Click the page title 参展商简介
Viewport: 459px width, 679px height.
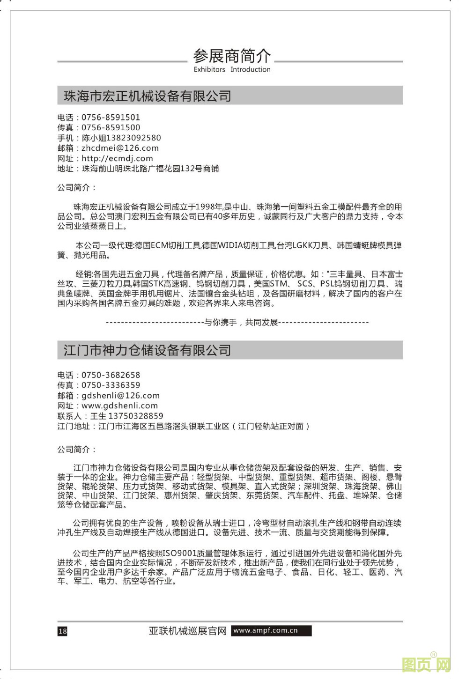click(232, 56)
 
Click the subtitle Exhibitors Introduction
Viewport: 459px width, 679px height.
click(232, 70)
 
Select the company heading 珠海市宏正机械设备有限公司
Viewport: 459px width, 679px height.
click(148, 96)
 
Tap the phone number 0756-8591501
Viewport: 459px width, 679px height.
click(111, 118)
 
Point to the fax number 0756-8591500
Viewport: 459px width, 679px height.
click(111, 127)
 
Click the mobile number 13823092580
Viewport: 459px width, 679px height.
click(134, 138)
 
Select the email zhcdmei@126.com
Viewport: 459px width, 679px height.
click(120, 148)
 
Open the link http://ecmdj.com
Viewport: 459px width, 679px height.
click(117, 158)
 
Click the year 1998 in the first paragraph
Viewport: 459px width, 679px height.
click(206, 207)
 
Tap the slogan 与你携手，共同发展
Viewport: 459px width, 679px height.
click(242, 322)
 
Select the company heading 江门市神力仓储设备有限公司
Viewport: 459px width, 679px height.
click(148, 350)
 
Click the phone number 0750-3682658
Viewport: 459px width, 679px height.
click(111, 375)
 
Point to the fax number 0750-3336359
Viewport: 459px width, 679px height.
click(111, 385)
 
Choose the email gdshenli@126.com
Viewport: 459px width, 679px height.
click(120, 396)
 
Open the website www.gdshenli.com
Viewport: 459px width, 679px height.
click(119, 406)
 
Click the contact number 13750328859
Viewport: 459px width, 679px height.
click(136, 416)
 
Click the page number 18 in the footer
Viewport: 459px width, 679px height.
click(62, 631)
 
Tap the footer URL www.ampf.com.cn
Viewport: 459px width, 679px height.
click(266, 630)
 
